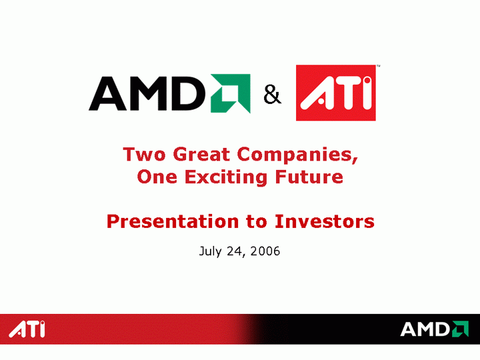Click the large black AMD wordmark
(147, 93)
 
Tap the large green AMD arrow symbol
(231, 93)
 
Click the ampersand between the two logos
(272, 95)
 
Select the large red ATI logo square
(336, 93)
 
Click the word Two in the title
(144, 154)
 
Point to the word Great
(201, 154)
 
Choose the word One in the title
(157, 177)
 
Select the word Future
(309, 177)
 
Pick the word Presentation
(173, 221)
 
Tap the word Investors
(325, 221)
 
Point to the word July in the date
(210, 251)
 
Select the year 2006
(265, 251)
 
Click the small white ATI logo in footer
(27, 329)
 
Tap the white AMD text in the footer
(425, 329)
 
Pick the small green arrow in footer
(460, 329)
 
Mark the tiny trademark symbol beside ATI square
(379, 66)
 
